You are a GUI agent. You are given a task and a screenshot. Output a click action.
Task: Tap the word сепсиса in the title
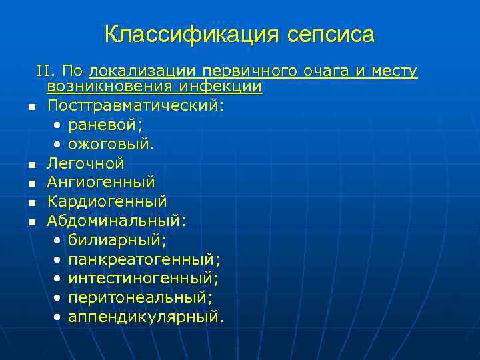pos(331,35)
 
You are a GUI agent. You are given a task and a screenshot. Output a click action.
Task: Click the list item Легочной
pos(85,163)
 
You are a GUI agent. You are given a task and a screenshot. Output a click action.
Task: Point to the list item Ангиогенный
pos(101,182)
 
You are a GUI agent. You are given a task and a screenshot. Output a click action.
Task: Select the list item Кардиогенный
pos(107,201)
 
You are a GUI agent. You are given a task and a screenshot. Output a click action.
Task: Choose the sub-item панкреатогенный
pos(144,258)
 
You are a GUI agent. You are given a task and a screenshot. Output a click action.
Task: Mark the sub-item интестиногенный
pos(143,277)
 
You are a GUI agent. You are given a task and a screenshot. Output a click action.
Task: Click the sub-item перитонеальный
pos(139,296)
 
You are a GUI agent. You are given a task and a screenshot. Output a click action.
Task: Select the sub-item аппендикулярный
pos(145,315)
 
